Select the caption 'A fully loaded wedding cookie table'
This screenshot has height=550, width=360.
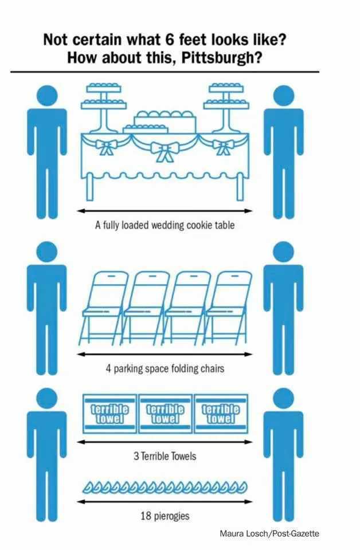165,225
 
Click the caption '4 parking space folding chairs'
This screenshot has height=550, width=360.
165,368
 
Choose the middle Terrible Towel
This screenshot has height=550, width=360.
165,413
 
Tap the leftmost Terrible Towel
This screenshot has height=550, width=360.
109,413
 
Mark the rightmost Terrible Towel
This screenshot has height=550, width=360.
221,413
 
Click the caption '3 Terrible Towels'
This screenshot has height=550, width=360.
165,456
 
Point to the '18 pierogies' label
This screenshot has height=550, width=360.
165,516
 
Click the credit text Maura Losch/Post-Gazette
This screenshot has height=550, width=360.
269,533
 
